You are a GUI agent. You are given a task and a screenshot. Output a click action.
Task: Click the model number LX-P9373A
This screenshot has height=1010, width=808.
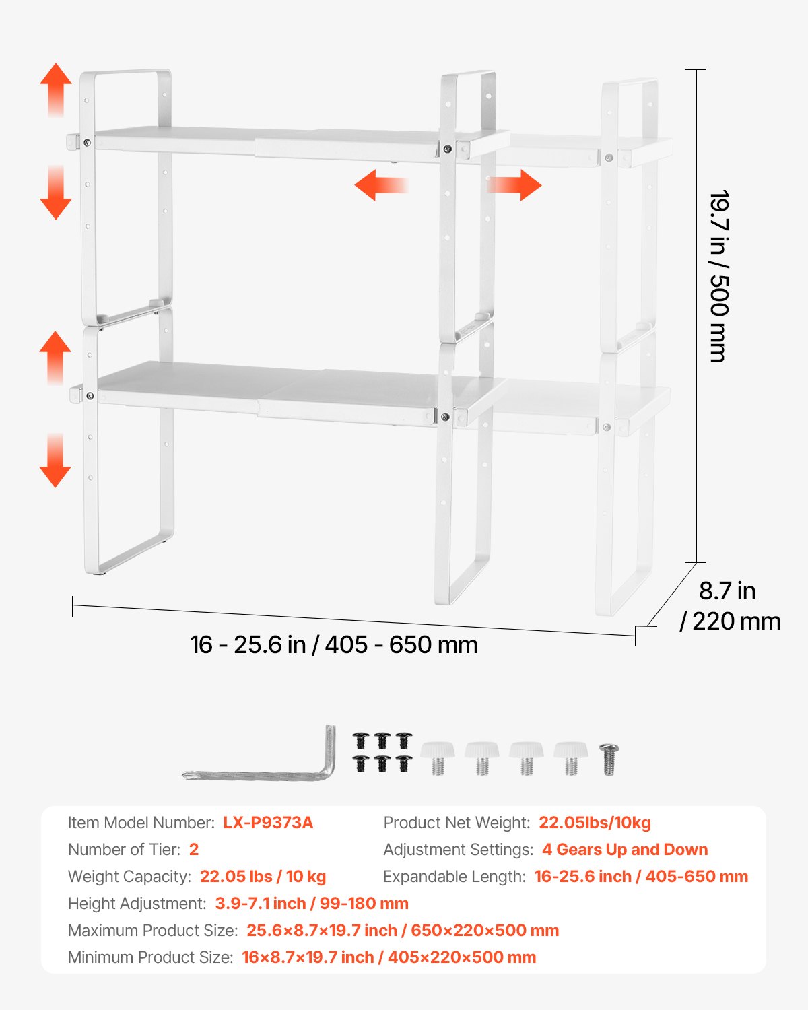tap(268, 823)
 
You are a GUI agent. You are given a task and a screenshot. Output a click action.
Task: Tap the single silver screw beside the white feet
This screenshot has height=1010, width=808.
tap(609, 759)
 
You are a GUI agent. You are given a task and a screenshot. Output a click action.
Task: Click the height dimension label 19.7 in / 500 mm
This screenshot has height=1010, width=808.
tap(719, 276)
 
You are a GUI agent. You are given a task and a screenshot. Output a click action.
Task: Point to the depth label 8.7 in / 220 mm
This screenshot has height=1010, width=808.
tap(730, 605)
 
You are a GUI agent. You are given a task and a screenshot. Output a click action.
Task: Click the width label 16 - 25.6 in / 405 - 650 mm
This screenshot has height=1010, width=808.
tap(334, 645)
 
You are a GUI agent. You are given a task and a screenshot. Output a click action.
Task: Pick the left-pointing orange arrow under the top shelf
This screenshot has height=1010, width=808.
tap(380, 185)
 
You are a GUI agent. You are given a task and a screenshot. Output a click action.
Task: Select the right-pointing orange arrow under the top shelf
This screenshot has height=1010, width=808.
tap(515, 185)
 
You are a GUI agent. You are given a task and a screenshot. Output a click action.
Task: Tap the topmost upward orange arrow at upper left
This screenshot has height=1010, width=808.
tap(56, 90)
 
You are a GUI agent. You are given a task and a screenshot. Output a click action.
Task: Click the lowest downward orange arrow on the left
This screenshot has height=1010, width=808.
tap(55, 461)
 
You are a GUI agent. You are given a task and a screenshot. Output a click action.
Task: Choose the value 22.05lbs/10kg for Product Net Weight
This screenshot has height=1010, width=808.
tap(595, 823)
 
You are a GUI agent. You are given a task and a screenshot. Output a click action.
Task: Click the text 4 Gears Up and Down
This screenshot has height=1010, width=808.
tap(625, 850)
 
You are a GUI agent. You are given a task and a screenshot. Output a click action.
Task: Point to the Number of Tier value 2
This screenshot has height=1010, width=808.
tap(194, 850)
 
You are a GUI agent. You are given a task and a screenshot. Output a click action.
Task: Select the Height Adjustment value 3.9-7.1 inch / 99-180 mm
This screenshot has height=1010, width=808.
tap(312, 904)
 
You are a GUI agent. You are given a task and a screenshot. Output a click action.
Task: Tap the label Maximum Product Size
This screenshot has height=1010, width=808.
tap(153, 931)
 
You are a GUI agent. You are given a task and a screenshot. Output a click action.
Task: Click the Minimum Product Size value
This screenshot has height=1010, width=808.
tap(389, 957)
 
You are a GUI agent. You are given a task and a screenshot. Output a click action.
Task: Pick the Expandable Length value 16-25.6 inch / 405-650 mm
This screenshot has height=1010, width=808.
tap(641, 877)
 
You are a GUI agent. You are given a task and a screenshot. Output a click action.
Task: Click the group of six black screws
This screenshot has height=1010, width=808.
tap(382, 752)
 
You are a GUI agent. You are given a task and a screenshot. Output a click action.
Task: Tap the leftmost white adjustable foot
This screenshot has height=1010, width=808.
tap(438, 757)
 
